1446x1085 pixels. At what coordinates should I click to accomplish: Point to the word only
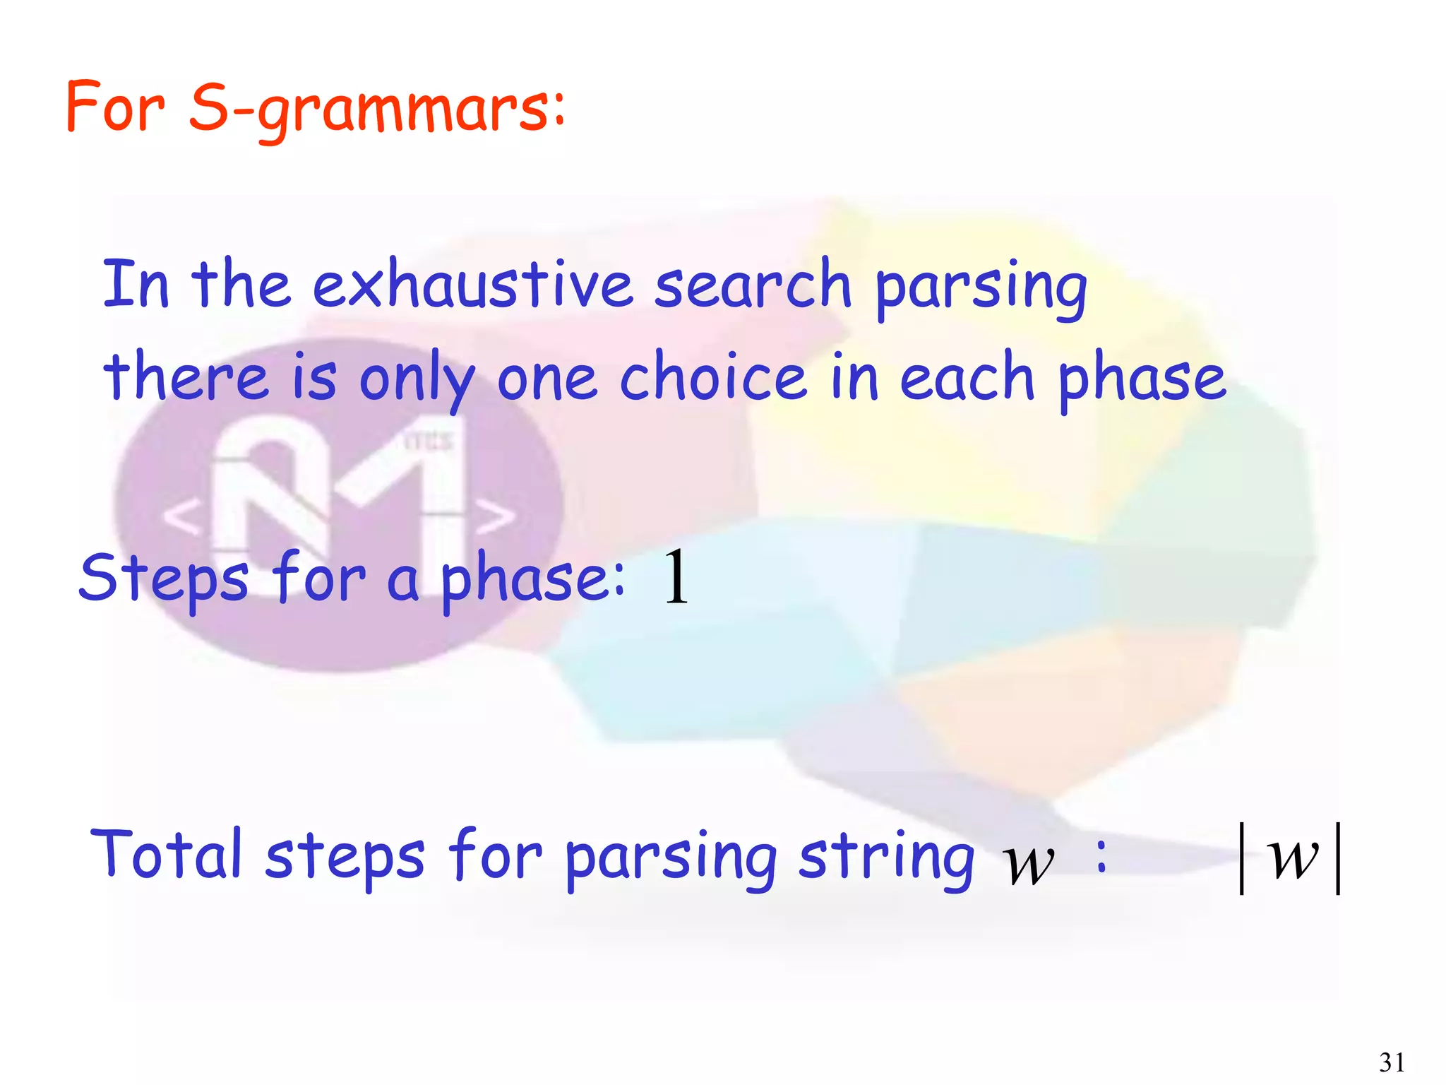point(417,379)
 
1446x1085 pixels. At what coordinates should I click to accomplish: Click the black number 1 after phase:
point(676,578)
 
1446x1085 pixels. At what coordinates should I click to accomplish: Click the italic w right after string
point(1028,863)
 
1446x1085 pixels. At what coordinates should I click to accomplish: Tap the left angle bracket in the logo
point(182,516)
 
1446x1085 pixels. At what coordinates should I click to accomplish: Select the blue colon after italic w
point(1101,855)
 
